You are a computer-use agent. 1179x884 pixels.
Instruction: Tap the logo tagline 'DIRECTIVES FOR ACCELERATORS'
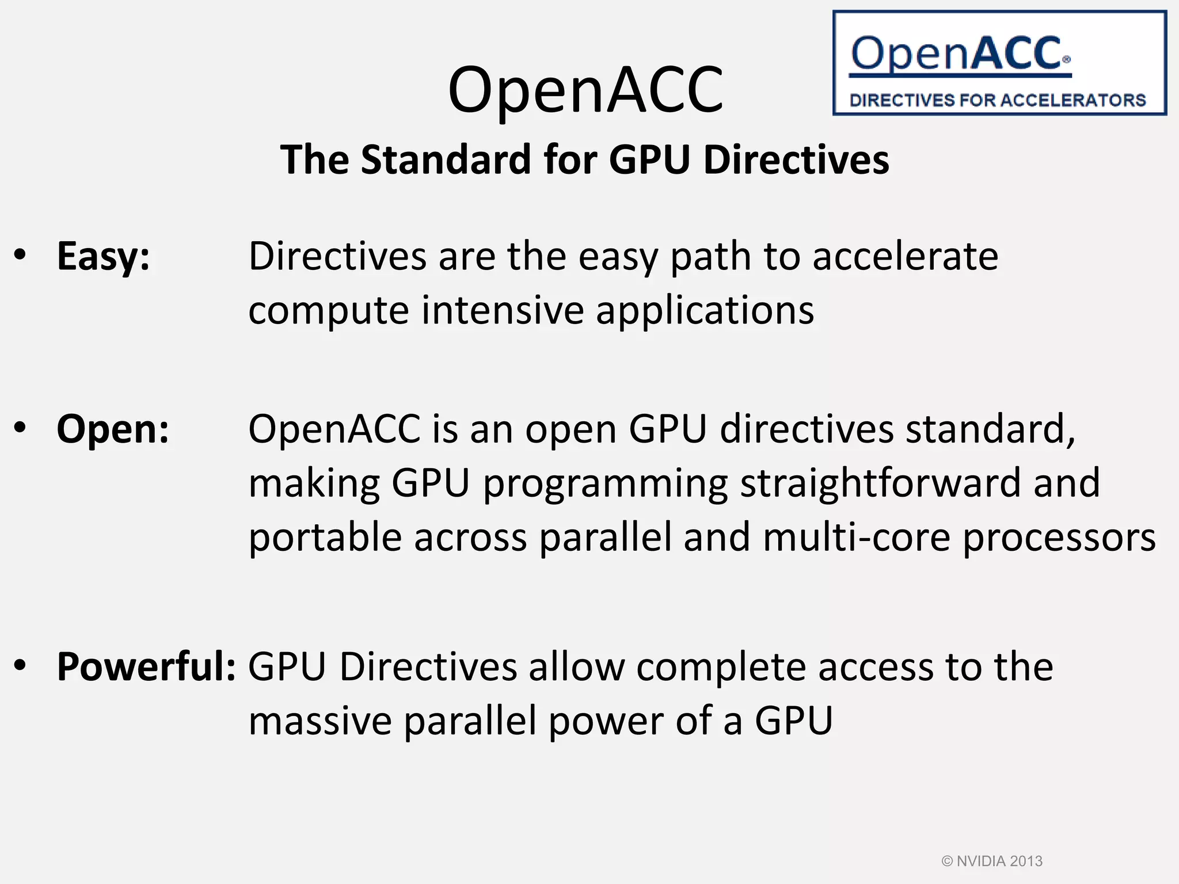tap(998, 100)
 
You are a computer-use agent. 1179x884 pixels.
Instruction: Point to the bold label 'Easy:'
tap(104, 257)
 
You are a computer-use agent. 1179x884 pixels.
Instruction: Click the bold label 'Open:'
tap(113, 429)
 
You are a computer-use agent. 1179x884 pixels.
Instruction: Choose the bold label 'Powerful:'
tap(146, 667)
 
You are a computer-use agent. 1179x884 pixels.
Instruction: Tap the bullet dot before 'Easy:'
tap(21, 256)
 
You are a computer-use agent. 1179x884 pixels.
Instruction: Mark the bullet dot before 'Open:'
tap(21, 428)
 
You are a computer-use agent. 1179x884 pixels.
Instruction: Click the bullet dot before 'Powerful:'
tap(21, 666)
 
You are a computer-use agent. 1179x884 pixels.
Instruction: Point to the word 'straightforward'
tap(880, 483)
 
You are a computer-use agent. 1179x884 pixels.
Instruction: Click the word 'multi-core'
tap(856, 538)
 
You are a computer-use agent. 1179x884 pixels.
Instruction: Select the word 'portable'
tap(325, 538)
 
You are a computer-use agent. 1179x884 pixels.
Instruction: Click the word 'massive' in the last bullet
tap(320, 721)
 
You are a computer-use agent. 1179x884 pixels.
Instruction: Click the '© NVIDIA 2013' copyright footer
tap(992, 861)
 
